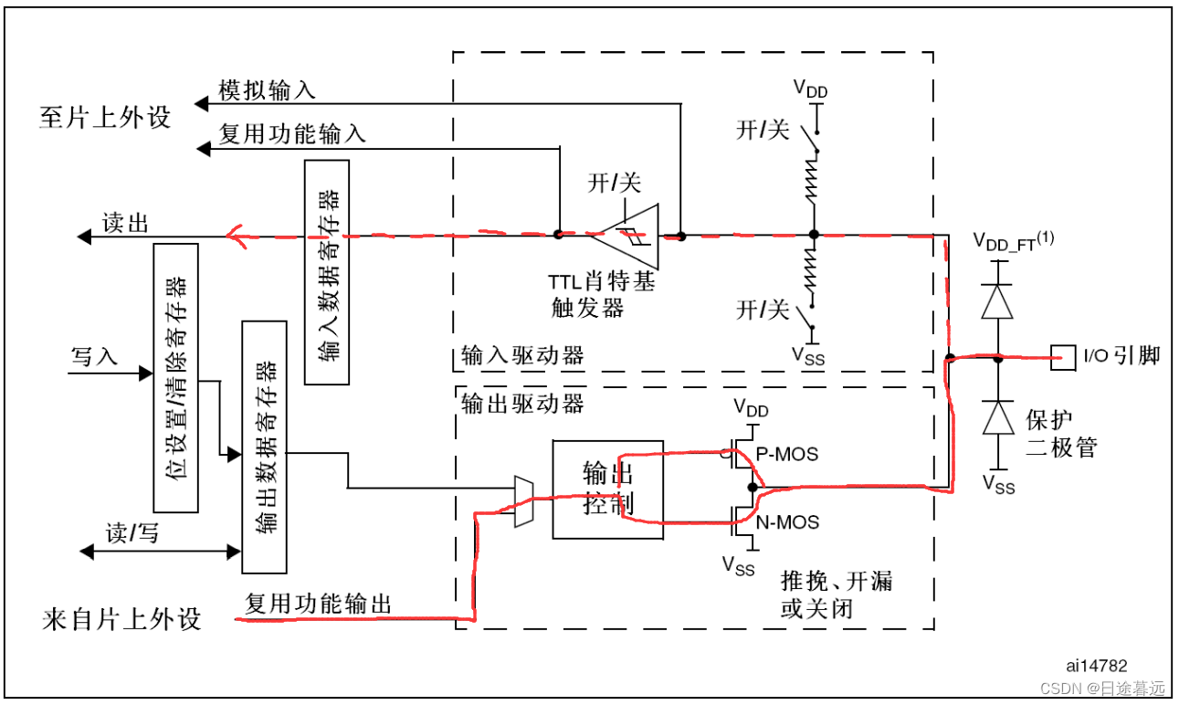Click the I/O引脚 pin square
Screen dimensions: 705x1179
[x=1062, y=357]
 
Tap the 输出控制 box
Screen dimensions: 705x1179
[x=607, y=489]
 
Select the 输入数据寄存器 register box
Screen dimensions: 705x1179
[x=326, y=271]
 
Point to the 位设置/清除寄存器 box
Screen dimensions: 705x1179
[x=176, y=377]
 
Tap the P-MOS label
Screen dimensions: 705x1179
[x=786, y=454]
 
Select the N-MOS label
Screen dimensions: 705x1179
[x=786, y=522]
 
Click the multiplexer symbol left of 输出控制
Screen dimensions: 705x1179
[x=524, y=501]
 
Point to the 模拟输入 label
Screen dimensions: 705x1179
[x=267, y=89]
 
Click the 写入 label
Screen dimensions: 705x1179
[x=95, y=356]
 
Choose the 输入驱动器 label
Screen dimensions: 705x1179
[x=522, y=355]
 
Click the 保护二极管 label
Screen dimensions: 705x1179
[x=1061, y=434]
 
